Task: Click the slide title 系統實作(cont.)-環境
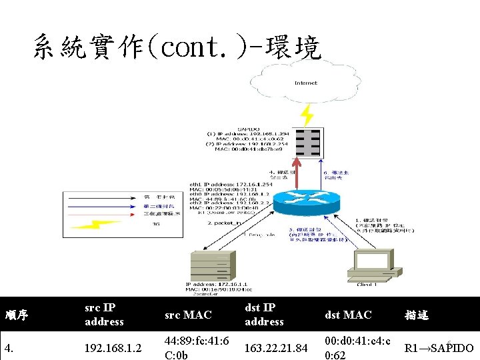tap(176, 47)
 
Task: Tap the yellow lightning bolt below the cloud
tap(307, 115)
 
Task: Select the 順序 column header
tap(17, 315)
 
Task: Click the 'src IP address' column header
tap(104, 315)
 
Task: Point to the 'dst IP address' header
tap(264, 315)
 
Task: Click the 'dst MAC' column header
tap(348, 315)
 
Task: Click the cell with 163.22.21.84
tap(276, 348)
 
